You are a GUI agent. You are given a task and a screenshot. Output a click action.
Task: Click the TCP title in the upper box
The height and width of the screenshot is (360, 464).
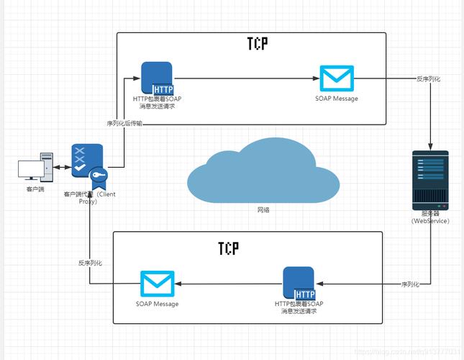point(253,44)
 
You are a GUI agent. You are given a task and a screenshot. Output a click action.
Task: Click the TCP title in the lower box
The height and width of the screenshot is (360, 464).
point(228,248)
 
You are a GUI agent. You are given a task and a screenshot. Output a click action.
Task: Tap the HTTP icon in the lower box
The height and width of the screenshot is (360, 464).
point(299,283)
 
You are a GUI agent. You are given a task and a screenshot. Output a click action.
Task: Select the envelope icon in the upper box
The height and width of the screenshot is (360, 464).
point(336,78)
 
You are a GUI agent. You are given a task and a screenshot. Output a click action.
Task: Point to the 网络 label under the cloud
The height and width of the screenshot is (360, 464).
point(264,210)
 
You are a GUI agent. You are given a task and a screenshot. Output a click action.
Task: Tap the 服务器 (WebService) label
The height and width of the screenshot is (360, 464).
point(430,217)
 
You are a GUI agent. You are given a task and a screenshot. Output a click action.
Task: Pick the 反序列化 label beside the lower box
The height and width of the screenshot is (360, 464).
point(90,263)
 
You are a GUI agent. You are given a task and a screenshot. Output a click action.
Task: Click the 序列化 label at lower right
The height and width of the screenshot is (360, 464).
point(410,284)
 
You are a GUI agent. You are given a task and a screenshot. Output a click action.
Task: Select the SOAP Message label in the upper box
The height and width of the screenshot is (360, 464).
point(336,99)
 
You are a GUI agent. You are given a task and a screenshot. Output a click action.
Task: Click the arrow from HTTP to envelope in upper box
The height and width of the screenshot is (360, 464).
point(245,78)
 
